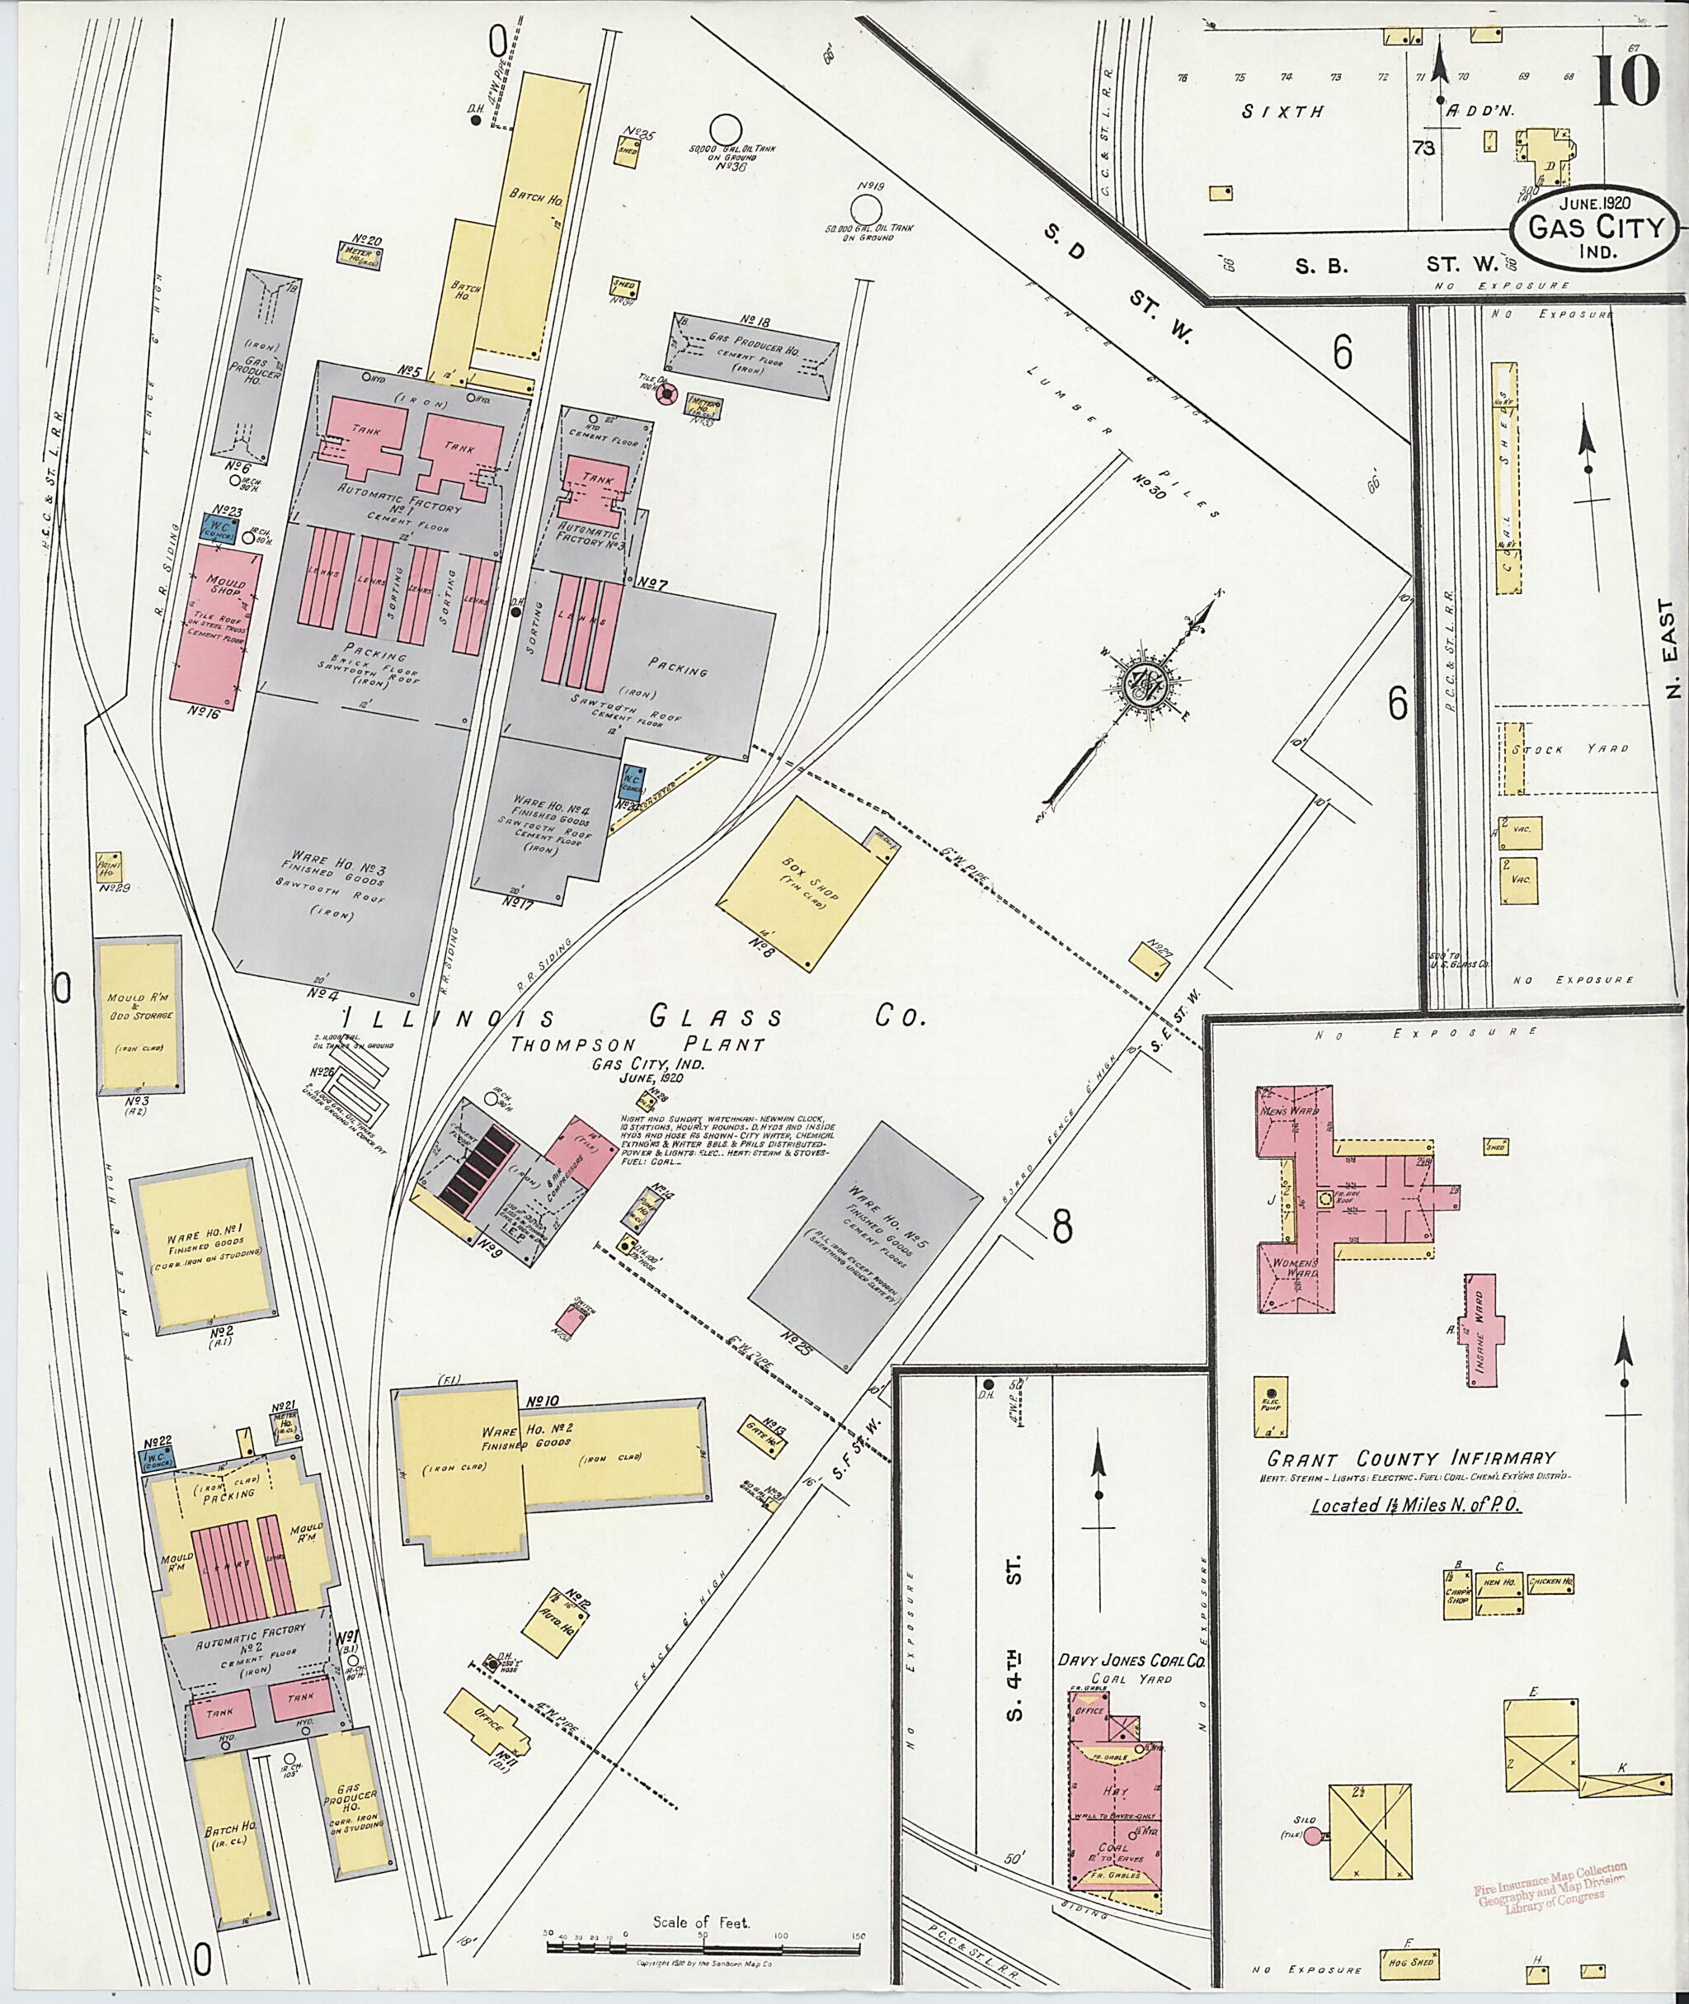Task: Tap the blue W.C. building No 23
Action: [x=219, y=529]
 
